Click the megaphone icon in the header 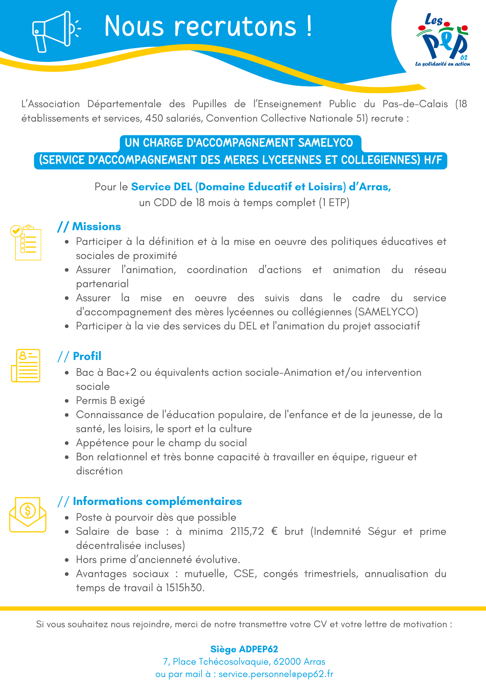pos(55,32)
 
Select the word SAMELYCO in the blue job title pos(325,143)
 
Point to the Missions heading pos(96,227)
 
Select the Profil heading pos(87,356)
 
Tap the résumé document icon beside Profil pos(26,365)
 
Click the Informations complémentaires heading pos(157,501)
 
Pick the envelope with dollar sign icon pos(27,515)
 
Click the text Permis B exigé pos(110,401)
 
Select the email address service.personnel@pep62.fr pos(276,674)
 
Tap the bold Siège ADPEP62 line pos(244,649)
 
